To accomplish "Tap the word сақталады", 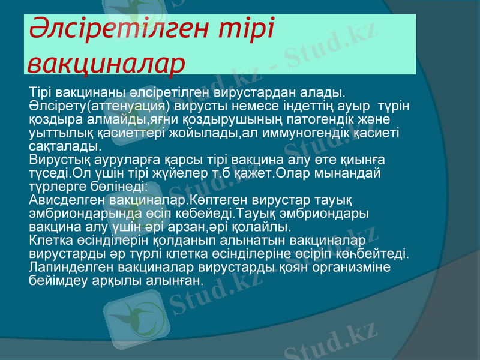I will point(65,146).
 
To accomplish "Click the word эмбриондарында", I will point(80,214).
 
